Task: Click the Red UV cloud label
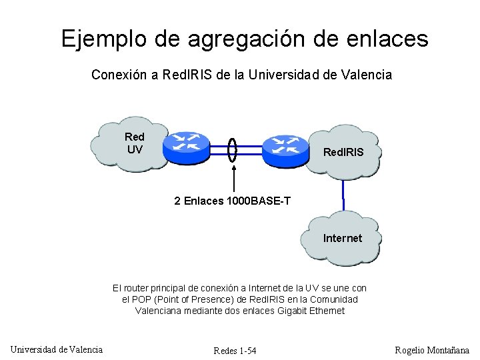[135, 143]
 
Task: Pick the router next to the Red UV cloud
[187, 147]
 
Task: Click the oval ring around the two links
[233, 149]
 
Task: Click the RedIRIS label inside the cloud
[343, 153]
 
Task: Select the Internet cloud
[342, 238]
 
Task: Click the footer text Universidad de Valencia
[57, 349]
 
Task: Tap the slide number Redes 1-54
[235, 351]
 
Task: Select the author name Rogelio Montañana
[431, 350]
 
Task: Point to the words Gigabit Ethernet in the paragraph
[313, 311]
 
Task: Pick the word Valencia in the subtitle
[367, 75]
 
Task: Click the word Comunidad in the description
[334, 299]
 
